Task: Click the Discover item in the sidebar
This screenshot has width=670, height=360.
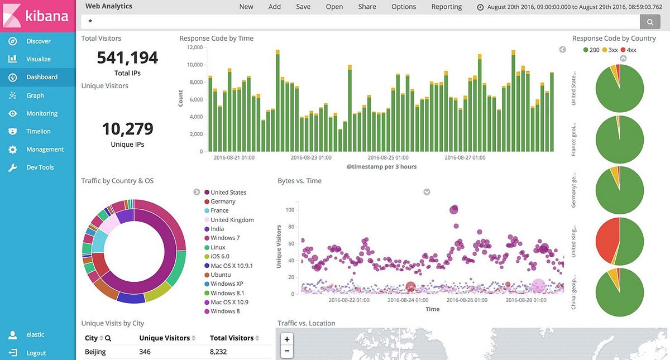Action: pos(38,41)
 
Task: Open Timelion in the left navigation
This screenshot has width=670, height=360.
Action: pos(38,132)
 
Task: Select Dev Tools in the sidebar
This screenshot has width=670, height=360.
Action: pos(39,167)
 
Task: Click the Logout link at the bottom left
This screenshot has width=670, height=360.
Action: pos(36,353)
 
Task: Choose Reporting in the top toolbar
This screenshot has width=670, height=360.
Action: pos(446,7)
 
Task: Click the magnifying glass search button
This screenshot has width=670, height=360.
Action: pos(650,21)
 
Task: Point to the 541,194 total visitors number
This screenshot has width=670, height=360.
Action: pos(127,57)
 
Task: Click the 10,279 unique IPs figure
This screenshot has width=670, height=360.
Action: pos(127,129)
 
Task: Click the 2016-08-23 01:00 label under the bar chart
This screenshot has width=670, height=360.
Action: pos(311,158)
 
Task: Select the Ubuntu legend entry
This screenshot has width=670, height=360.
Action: pos(222,275)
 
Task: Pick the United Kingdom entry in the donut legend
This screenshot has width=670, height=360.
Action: pos(232,220)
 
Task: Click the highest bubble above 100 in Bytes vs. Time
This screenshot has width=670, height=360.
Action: pos(453,209)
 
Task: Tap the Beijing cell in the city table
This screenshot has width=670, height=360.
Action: pos(95,352)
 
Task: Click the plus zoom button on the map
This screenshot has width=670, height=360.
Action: pos(287,339)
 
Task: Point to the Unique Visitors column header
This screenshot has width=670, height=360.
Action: pos(164,338)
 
